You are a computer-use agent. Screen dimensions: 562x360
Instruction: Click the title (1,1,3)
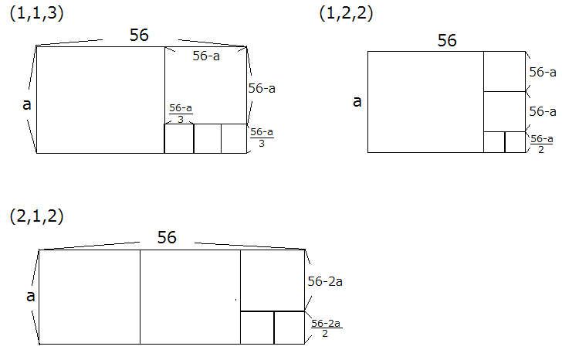pos(36,14)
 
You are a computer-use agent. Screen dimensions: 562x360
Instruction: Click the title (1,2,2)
pos(346,14)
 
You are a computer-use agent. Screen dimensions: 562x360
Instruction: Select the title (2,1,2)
pos(36,216)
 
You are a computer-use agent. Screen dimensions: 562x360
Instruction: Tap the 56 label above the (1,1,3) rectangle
pos(139,35)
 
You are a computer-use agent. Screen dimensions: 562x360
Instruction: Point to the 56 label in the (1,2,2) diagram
pos(447,40)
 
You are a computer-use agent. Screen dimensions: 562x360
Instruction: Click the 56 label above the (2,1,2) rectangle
pos(167,237)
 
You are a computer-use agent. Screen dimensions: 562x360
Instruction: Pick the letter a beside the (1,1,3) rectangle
pos(27,104)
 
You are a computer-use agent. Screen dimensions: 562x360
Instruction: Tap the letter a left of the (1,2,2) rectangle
pos(357,101)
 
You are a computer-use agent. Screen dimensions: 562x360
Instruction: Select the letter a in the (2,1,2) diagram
pos(31,296)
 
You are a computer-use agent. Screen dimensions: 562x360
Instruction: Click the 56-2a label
pos(325,281)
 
